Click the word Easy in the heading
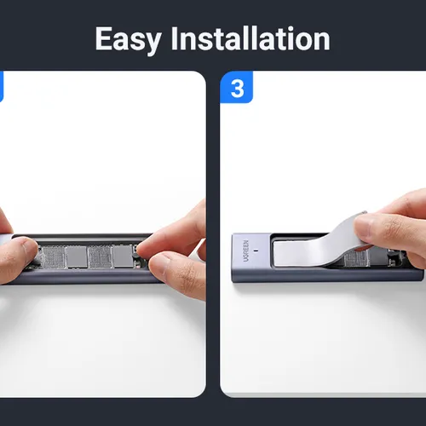tap(129, 40)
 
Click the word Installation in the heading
tap(250, 38)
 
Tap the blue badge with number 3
tap(237, 87)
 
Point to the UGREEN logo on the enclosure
tap(246, 251)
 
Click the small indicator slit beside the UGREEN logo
tap(256, 250)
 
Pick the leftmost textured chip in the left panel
tap(53, 257)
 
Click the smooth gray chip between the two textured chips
tap(76, 257)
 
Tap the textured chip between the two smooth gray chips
tap(100, 257)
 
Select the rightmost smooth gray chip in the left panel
tap(123, 256)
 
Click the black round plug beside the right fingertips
tap(136, 256)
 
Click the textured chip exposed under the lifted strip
tap(356, 259)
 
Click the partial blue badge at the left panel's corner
tap(2, 87)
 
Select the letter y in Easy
tap(153, 43)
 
